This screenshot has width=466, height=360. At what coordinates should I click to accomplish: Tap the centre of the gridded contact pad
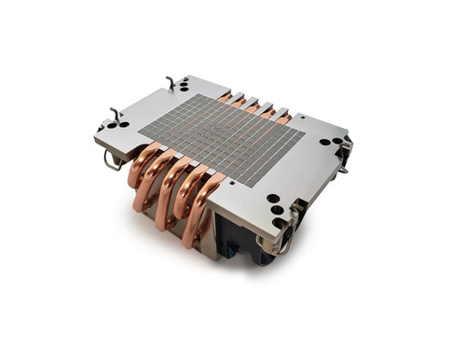pos(222,140)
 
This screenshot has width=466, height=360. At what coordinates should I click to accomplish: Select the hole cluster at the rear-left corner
pos(182,85)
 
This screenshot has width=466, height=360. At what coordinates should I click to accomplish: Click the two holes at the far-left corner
pos(116,125)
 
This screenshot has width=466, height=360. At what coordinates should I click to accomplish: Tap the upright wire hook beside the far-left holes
pos(115,114)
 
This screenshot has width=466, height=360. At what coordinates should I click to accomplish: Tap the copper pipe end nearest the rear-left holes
pos(225,96)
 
